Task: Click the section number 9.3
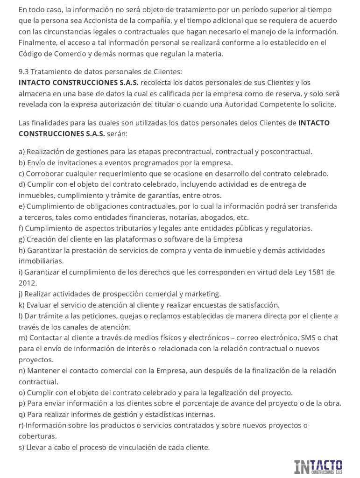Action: point(25,72)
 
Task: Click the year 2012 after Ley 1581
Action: point(28,283)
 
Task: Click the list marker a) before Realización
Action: point(22,152)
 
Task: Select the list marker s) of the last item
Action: point(22,447)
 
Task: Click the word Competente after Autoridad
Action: point(272,104)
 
